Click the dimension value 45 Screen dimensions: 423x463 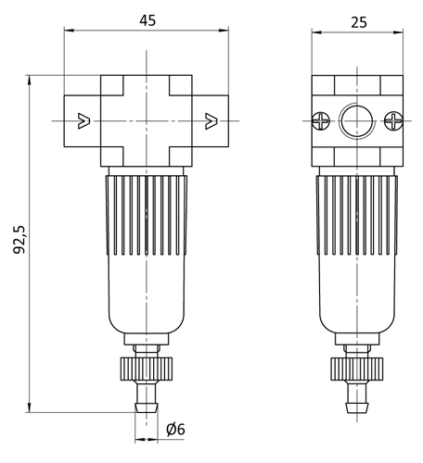tap(147, 20)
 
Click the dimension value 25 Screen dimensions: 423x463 tap(359, 22)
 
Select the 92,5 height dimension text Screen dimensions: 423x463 tap(19, 240)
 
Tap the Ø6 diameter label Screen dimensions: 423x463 tap(175, 430)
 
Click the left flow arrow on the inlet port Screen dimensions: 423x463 tap(83, 121)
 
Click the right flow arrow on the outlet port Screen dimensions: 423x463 tap(211, 121)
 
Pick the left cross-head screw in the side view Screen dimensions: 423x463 tap(321, 120)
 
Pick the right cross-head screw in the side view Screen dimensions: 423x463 tap(393, 120)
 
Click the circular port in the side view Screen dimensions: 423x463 tap(357, 120)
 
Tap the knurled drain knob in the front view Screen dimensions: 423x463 tap(147, 369)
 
